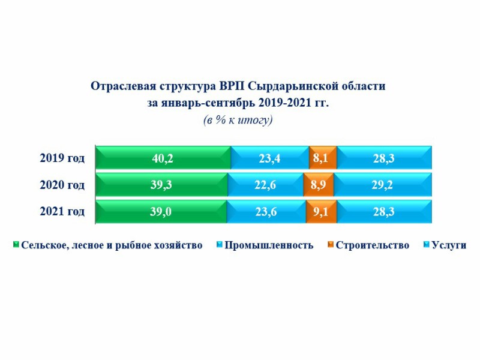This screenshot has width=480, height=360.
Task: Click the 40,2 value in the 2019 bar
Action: coord(163,158)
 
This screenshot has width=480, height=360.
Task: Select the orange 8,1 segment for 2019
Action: coord(323,158)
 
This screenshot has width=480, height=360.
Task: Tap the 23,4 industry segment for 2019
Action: coord(270,158)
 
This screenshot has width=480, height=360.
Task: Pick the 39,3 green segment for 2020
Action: coord(161,185)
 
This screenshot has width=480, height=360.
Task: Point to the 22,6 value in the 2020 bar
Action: coord(265,185)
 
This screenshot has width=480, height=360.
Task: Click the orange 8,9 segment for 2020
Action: coord(317,185)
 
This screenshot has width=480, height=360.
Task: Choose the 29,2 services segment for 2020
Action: coord(382,185)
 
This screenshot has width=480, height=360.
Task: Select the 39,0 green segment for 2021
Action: coord(161,212)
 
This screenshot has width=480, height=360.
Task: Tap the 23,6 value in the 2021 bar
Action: coord(266,212)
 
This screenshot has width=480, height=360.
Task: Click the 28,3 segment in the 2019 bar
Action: coord(384,158)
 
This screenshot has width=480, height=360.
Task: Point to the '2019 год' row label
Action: coord(62,158)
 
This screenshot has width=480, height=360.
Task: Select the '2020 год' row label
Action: coord(62,185)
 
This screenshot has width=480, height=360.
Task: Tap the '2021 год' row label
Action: coord(62,212)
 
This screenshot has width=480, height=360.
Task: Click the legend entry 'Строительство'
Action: coord(372,245)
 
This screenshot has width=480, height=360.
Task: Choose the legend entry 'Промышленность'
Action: coord(269,245)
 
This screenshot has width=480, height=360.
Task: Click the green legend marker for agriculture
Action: coord(16,245)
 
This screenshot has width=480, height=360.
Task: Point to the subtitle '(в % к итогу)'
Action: coord(238,120)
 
